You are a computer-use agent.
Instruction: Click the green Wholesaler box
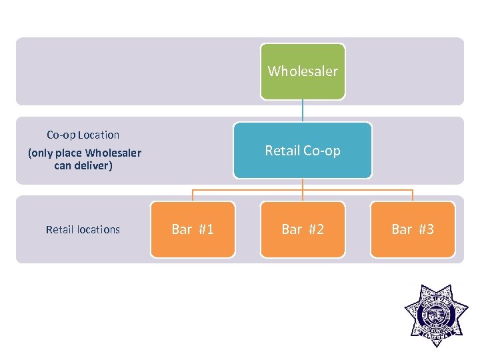(303, 71)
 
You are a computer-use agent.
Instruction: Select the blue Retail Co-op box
(303, 151)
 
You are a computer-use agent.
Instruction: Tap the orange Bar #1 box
(193, 229)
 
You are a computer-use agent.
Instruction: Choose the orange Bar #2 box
(303, 229)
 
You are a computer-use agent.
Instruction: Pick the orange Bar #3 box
(413, 229)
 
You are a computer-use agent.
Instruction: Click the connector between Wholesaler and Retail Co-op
(303, 111)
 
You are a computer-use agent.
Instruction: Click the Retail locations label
(83, 229)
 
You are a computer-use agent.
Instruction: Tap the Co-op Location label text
(83, 135)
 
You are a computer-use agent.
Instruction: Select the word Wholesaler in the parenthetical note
(113, 153)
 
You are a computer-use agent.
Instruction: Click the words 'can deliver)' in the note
(83, 165)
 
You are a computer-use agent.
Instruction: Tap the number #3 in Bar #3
(426, 229)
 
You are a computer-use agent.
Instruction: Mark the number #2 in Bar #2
(316, 229)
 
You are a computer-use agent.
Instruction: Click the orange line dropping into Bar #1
(193, 195)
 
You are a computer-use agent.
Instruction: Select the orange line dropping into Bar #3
(413, 195)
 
